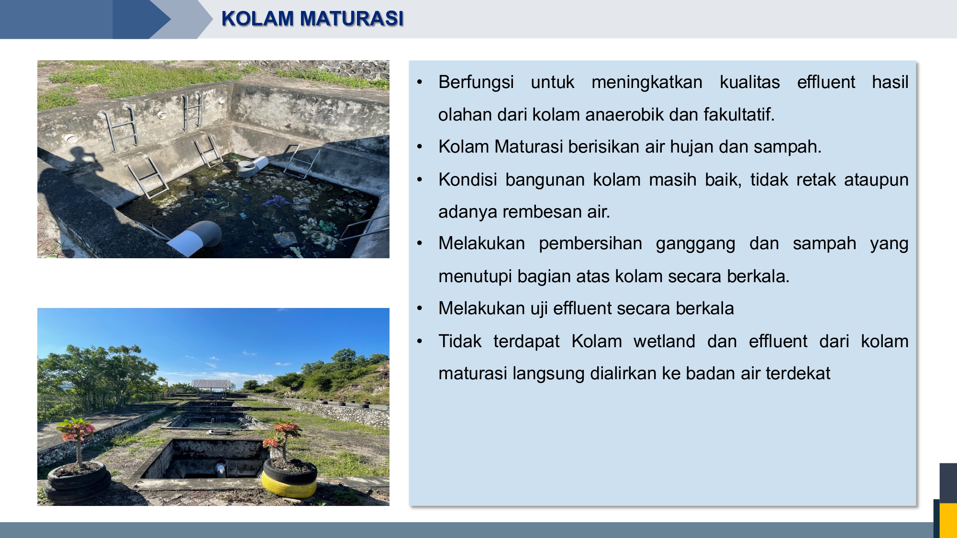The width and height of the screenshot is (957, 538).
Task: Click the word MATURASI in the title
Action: [x=352, y=19]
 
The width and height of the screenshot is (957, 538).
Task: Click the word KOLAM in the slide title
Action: [x=257, y=19]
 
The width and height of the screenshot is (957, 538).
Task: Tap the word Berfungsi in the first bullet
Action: [x=476, y=82]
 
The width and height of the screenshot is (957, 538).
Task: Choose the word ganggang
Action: [x=695, y=244]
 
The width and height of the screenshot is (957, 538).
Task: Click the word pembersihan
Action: [x=590, y=244]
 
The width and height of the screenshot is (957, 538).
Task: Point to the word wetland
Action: [x=664, y=341]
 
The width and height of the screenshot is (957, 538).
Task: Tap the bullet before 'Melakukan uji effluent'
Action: [x=420, y=309]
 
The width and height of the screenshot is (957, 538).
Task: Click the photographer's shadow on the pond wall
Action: [x=72, y=201]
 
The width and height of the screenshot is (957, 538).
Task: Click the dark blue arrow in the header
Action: [x=142, y=19]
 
